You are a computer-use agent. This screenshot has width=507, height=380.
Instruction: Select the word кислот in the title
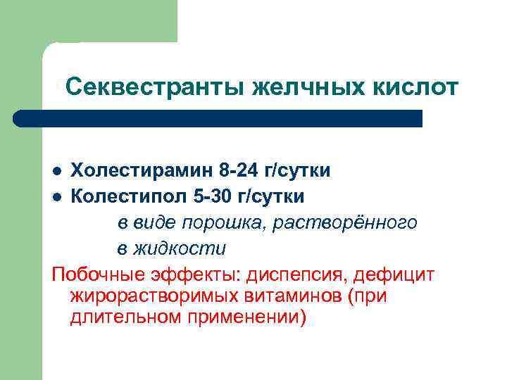[413, 87]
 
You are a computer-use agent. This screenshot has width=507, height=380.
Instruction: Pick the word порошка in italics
[212, 222]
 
